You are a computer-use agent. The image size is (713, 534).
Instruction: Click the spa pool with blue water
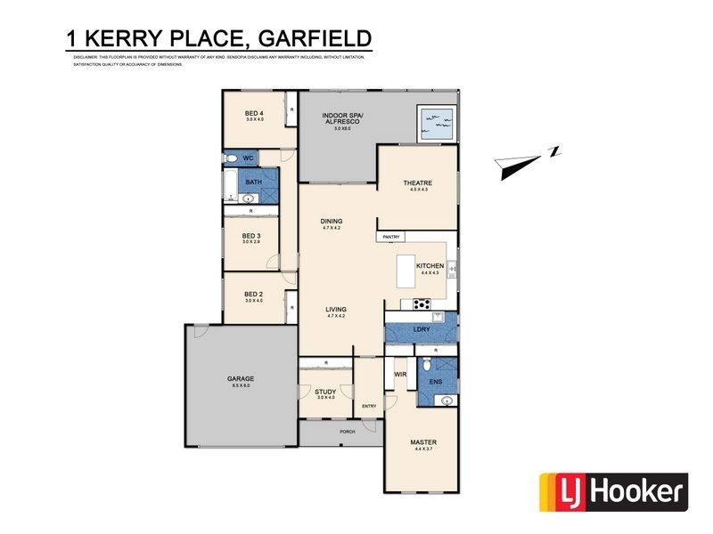[436, 120]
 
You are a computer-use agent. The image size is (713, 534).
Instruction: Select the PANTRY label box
[391, 237]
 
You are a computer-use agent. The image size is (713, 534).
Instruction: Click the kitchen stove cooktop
[420, 304]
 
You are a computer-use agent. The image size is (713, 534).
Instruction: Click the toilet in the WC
[230, 158]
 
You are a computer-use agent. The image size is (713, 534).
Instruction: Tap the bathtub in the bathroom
[228, 186]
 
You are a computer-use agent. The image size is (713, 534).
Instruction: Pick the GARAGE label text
[241, 379]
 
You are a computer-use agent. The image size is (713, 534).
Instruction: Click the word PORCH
[347, 432]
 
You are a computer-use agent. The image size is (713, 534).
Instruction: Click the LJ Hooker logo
[614, 490]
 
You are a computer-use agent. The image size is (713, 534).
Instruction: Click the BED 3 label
[252, 236]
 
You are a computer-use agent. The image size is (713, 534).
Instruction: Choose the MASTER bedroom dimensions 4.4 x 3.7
[422, 449]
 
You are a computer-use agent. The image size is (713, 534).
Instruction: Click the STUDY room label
[324, 392]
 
